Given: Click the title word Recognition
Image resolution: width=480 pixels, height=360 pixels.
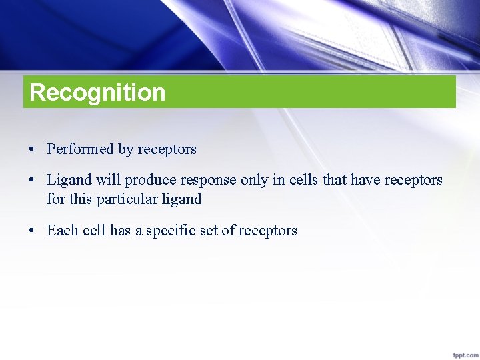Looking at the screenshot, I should coord(97,92).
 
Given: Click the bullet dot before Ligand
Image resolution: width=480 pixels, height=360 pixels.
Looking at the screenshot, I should coord(32,181).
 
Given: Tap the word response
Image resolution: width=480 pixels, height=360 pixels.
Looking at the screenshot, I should coord(203,181).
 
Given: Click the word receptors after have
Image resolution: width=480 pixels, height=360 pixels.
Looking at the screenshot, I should coord(413,180).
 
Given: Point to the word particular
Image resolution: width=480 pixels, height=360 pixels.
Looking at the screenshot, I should coord(126,199).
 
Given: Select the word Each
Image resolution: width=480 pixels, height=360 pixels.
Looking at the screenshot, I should coord(63,231).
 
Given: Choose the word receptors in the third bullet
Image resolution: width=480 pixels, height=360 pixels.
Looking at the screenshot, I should coord(267,231).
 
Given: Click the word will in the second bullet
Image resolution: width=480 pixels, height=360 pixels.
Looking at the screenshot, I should coord(107,180).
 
